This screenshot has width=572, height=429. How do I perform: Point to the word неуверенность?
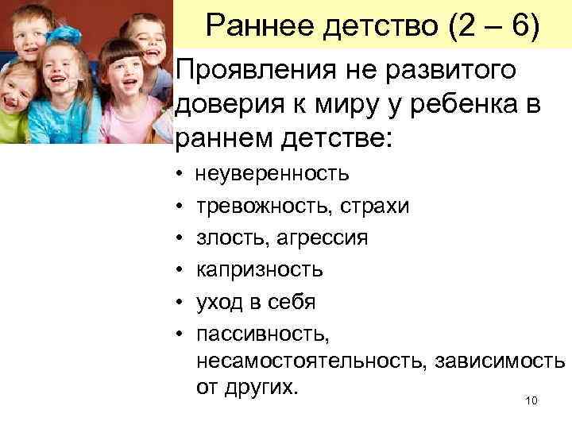tap(272, 173)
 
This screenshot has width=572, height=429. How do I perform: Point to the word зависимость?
tap(500, 361)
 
